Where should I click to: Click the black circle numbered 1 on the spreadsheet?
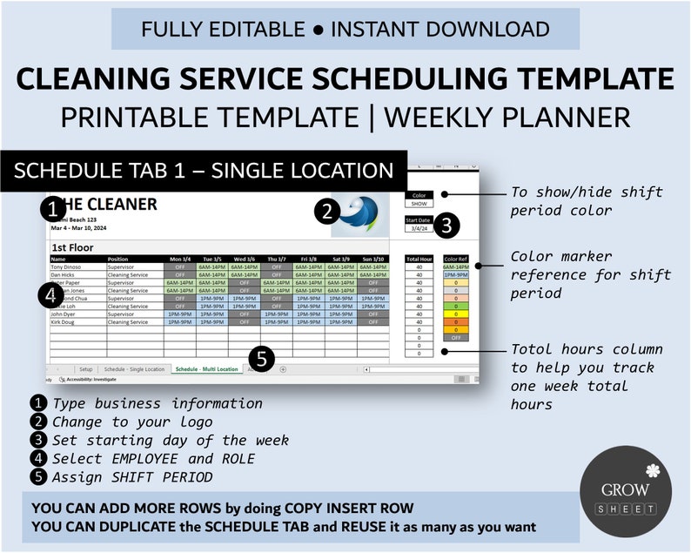pos(54,209)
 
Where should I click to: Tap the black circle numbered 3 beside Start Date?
pos(446,226)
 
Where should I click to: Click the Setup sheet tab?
pos(85,369)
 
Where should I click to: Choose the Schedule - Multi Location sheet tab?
pos(205,369)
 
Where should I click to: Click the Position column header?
pos(117,259)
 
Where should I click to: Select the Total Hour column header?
pos(419,259)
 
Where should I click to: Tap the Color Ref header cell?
pos(455,259)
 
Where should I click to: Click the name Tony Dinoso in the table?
pos(67,266)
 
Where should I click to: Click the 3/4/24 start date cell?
pos(419,228)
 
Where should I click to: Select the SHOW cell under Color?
pos(419,203)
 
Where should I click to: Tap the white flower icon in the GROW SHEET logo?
pos(650,470)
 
